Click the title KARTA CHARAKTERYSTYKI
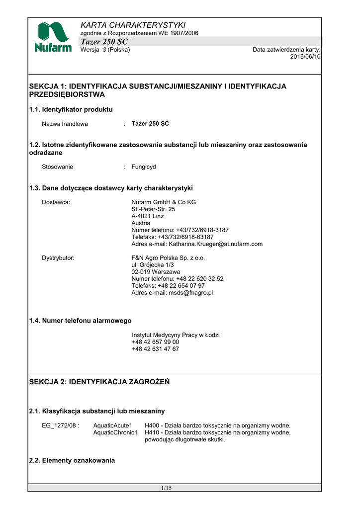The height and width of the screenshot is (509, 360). [x=133, y=25]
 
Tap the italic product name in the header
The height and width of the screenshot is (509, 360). [x=104, y=41]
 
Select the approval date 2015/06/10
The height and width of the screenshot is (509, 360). [x=305, y=57]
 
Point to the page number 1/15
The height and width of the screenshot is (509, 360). [x=166, y=488]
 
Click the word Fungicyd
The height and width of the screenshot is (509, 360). [x=144, y=167]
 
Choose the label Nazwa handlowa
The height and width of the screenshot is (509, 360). [x=65, y=124]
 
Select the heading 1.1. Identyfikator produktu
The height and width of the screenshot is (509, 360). [x=71, y=109]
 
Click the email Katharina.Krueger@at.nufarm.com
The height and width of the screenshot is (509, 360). [x=216, y=244]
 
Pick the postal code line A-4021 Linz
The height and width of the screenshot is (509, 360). [x=148, y=216]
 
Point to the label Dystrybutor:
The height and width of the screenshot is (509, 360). [x=58, y=258]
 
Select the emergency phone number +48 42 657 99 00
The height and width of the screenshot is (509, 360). [x=156, y=342]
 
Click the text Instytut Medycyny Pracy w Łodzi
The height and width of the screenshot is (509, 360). [x=176, y=335]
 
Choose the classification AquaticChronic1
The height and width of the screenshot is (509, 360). [x=115, y=432]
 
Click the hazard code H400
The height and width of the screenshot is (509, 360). [x=153, y=425]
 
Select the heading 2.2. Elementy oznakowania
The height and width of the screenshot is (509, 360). [x=72, y=461]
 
